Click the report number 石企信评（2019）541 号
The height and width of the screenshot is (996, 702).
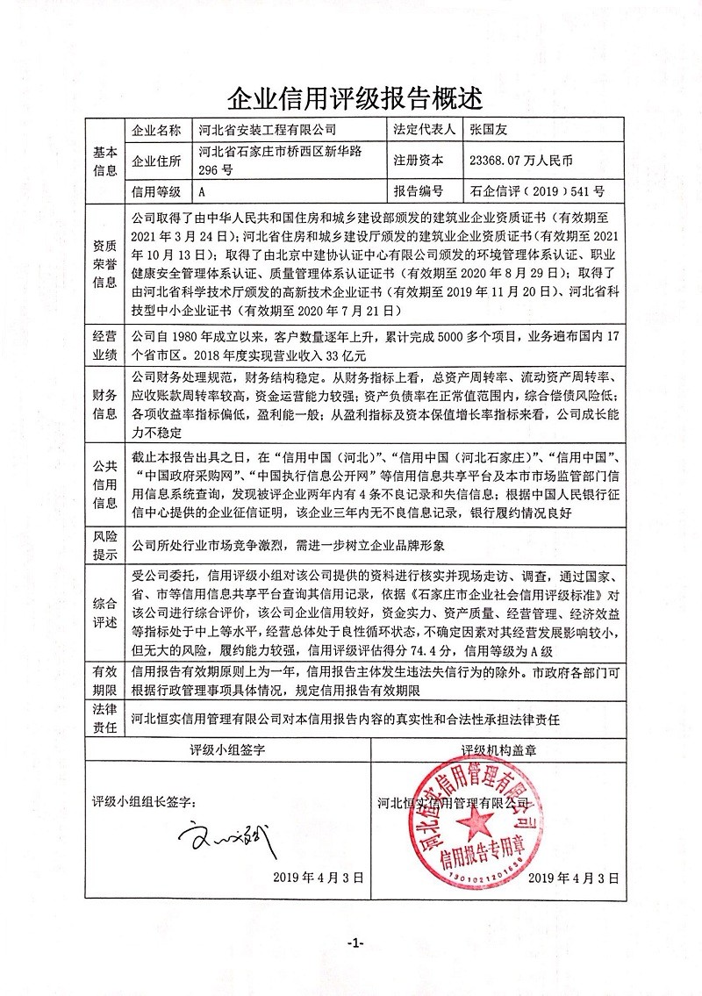537,191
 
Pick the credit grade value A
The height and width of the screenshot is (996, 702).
203,191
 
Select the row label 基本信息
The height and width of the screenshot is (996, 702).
104,161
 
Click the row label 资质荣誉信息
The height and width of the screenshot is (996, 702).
104,262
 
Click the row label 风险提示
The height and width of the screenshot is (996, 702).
104,543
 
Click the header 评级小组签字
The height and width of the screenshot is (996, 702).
227,751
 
